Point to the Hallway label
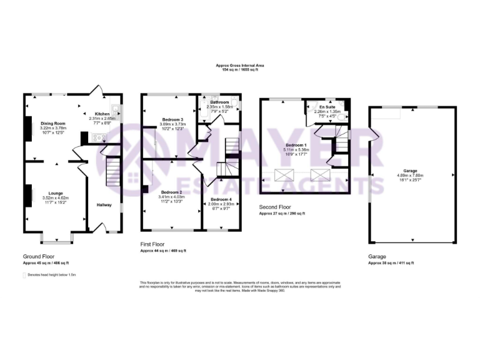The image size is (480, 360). pos(104,204)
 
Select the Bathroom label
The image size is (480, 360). pos(219,102)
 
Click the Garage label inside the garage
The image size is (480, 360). pos(411,171)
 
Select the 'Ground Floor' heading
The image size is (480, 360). pos(39,257)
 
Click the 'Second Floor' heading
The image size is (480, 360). pos(276,206)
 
